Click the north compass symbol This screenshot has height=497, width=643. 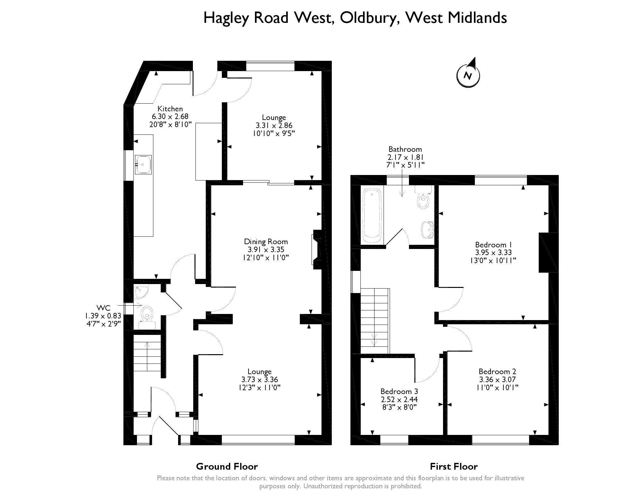(x=468, y=76)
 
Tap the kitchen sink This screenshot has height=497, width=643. (x=143, y=165)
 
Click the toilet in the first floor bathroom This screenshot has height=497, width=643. (x=423, y=199)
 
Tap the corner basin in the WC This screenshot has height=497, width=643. (x=140, y=291)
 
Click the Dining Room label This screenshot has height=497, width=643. (x=266, y=242)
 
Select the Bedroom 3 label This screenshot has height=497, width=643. (x=399, y=391)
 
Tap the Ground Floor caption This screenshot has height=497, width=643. (x=227, y=466)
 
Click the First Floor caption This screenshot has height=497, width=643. (x=454, y=466)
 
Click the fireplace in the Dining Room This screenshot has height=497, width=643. (x=316, y=250)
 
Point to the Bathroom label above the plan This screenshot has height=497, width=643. (x=405, y=149)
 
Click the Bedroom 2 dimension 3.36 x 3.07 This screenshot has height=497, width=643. (x=497, y=379)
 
